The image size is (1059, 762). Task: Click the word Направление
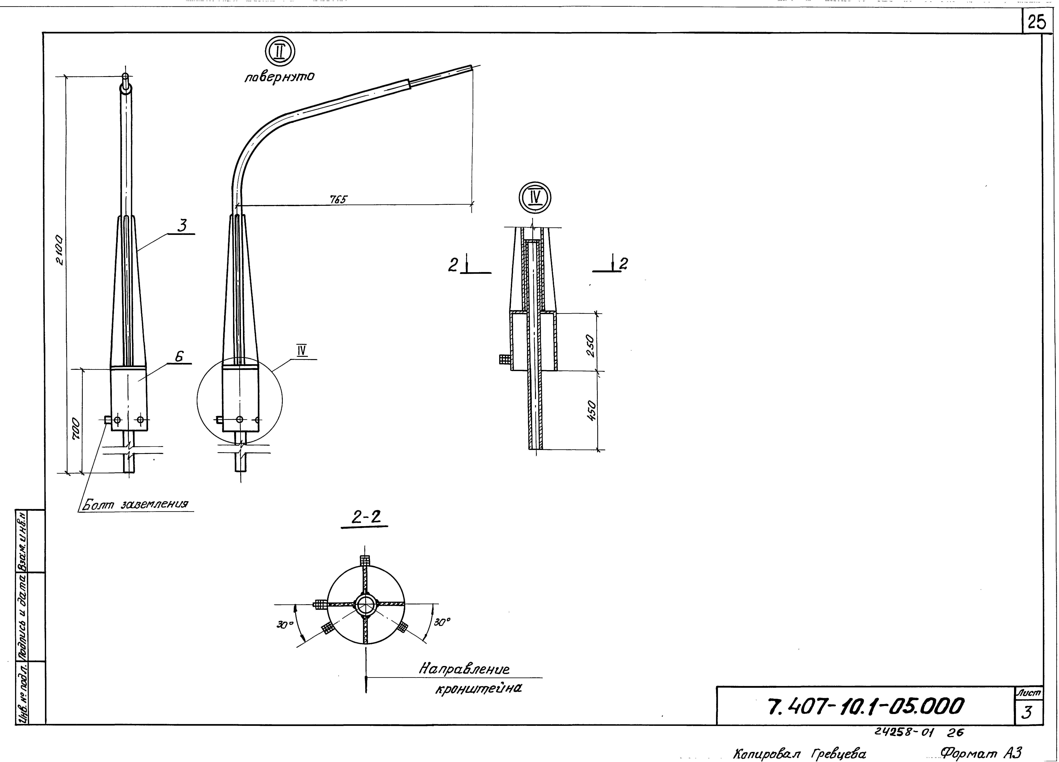pos(464,669)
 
